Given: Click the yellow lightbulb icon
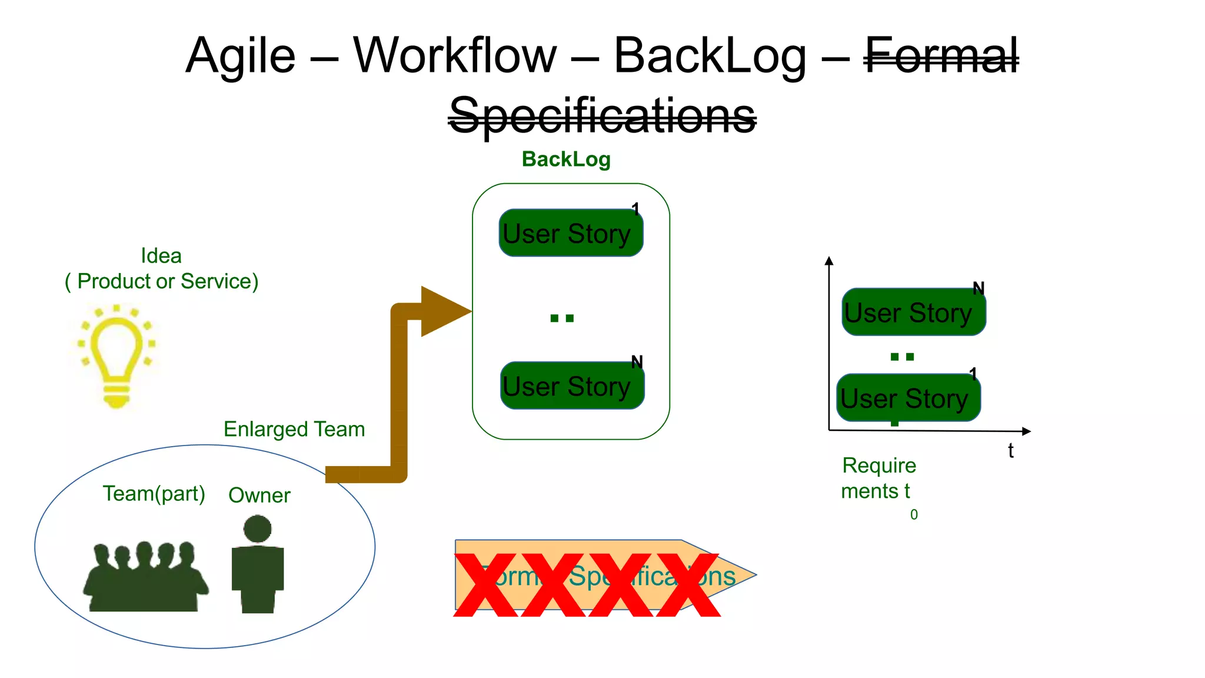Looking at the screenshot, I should [116, 355].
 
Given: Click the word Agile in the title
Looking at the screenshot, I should [240, 55].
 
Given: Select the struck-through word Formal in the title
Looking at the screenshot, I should [941, 55].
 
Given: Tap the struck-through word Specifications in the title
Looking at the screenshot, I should [602, 115].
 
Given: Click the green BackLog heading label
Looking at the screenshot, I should [566, 159].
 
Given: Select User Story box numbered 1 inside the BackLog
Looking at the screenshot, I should [570, 233].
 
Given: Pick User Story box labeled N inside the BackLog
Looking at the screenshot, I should [571, 385].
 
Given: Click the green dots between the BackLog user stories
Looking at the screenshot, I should [561, 318].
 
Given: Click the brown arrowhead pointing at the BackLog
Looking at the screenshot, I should [443, 311].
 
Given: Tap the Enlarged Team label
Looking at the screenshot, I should [294, 429].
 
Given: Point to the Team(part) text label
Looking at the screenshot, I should [154, 493].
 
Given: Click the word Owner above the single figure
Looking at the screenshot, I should [259, 495].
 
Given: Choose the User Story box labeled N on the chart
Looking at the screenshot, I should [913, 312].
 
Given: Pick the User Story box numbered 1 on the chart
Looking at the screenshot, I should [908, 398].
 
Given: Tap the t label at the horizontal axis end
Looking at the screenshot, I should [1010, 451].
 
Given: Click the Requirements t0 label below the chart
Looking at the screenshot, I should [878, 478].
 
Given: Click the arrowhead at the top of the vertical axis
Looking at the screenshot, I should [829, 261].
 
